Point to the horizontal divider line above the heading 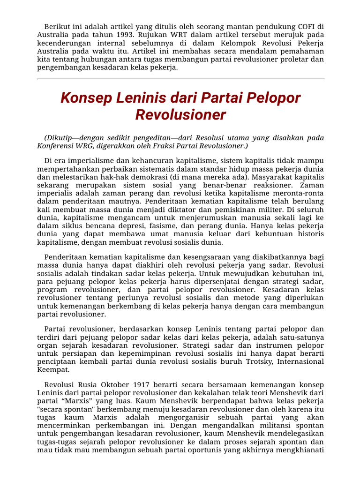click(180, 79)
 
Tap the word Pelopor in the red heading click(277, 98)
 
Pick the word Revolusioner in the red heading click(180, 115)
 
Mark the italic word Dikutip click(61, 138)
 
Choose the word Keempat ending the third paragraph click(51, 370)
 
